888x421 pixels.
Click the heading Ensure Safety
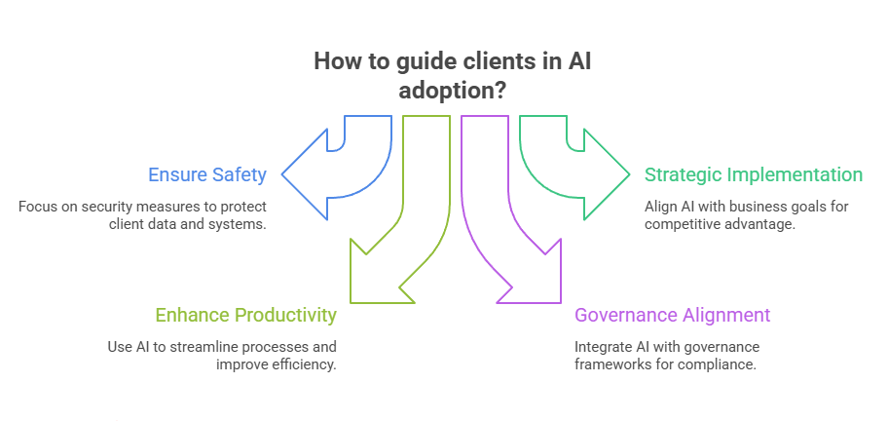tap(206, 175)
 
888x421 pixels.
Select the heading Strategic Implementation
tap(753, 175)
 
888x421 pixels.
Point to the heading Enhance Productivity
tap(246, 315)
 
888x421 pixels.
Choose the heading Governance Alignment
tap(672, 315)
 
